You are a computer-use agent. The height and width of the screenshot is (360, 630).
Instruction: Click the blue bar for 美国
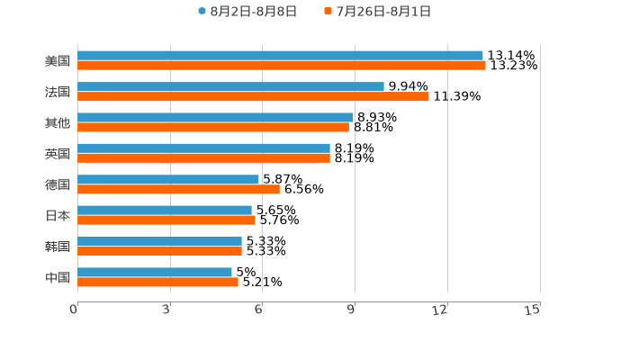[280, 56]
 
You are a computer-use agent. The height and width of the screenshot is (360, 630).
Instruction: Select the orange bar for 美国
[282, 66]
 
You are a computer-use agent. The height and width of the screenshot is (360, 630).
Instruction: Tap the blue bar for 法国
[230, 87]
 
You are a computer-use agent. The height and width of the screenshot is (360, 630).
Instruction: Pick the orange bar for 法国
[253, 96]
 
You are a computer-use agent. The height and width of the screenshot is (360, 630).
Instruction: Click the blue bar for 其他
[215, 117]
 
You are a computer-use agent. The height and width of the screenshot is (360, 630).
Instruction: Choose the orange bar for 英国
[203, 157]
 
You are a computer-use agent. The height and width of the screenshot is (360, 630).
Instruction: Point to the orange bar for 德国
[178, 189]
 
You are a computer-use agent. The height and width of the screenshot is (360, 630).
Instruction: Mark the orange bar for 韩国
[159, 251]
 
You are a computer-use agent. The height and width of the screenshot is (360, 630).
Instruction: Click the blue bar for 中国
[155, 272]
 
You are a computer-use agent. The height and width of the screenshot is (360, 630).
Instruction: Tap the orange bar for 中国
[157, 282]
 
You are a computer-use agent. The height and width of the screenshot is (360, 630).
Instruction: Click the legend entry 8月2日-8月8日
[247, 12]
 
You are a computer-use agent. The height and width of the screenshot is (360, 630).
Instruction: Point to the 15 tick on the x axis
[533, 310]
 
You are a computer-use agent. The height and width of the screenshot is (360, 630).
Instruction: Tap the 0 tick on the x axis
[74, 310]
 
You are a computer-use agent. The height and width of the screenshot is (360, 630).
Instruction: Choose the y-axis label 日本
[58, 216]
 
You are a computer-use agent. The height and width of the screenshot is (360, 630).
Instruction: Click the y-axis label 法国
[58, 92]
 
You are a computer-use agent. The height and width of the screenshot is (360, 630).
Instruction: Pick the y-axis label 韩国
[58, 247]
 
